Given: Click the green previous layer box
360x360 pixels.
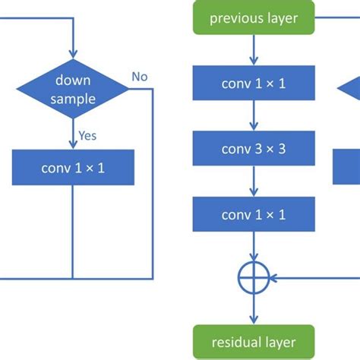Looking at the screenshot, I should click(254, 17).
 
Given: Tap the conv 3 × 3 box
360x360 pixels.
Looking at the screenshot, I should click(254, 149).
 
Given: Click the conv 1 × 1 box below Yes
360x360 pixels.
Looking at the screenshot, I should click(73, 167).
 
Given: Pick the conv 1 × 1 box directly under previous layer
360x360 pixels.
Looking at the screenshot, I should click(254, 84).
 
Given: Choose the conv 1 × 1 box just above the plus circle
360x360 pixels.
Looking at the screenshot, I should click(254, 215).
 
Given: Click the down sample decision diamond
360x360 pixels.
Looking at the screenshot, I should click(73, 90).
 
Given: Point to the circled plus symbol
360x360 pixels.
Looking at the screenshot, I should click(254, 278).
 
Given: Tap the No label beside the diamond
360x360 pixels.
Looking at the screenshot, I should click(139, 77).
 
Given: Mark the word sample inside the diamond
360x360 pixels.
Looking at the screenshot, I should click(73, 99).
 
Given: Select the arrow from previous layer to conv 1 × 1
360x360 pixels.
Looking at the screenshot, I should click(254, 50).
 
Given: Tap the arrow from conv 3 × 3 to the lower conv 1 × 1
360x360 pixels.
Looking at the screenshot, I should click(254, 182).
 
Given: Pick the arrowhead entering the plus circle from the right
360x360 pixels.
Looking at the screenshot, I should click(273, 278).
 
